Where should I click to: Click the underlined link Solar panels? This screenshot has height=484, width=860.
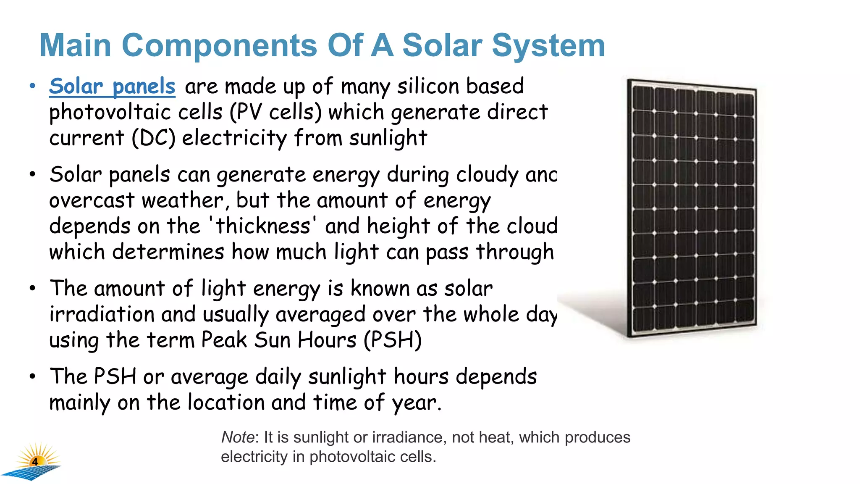pos(112,87)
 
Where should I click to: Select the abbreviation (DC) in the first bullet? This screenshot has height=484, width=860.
pos(153,138)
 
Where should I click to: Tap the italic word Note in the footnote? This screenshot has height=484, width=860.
pos(237,437)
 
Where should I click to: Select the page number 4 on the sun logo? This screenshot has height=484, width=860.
pos(35,462)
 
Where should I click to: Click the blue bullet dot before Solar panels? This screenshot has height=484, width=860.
pos(33,86)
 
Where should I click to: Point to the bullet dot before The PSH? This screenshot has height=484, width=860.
pos(33,376)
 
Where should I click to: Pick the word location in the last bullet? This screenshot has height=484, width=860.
pos(225,402)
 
